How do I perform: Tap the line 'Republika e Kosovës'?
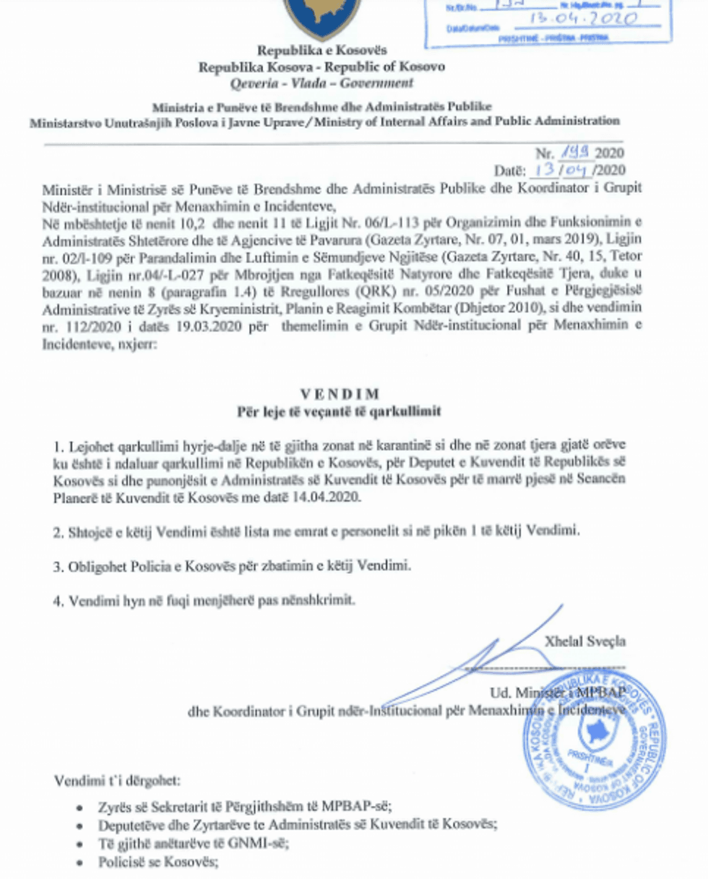322,51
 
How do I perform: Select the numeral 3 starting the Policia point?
57,566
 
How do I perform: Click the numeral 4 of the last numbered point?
57,600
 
